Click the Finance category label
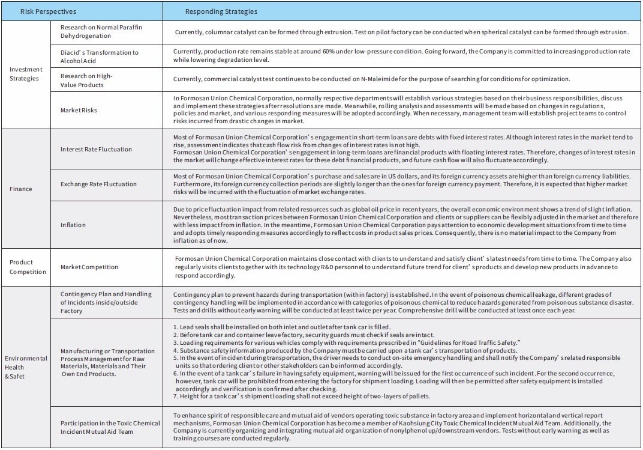(x=20, y=189)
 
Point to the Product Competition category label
(x=28, y=267)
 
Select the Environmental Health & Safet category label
(x=26, y=366)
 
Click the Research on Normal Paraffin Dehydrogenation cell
(x=101, y=32)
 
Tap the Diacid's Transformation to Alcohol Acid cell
(x=99, y=56)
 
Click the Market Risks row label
(x=79, y=110)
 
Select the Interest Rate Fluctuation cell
(x=96, y=149)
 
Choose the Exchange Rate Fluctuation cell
(x=98, y=184)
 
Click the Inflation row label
(x=73, y=225)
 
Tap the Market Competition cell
(x=89, y=267)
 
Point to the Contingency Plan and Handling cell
(x=106, y=302)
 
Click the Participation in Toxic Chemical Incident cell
(x=110, y=427)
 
